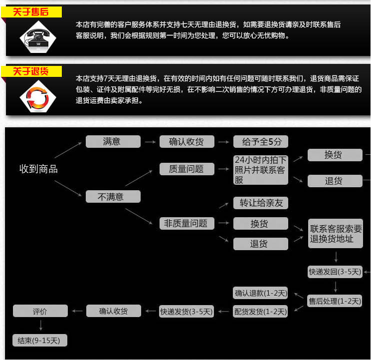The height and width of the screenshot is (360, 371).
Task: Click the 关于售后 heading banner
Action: point(31,11)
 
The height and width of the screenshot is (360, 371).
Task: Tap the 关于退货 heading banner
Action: point(31,71)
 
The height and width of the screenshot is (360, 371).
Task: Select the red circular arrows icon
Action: point(37,96)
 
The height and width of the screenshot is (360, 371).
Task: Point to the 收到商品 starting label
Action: point(38,169)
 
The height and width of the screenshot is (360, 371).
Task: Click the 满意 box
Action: point(113,141)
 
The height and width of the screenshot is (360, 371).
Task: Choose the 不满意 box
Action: point(113,197)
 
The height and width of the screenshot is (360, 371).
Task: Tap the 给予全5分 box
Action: point(261,141)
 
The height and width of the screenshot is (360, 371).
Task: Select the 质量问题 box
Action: point(186,169)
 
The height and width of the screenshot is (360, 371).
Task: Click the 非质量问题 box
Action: point(186,223)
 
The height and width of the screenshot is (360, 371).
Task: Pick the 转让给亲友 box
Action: point(261,203)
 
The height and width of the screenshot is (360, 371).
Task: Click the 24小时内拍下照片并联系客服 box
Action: point(261,170)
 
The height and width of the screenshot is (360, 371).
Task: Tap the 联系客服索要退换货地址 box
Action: point(335,234)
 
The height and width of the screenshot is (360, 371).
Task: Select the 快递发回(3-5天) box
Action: point(335,272)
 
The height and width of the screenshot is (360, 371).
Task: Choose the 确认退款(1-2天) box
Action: point(261,293)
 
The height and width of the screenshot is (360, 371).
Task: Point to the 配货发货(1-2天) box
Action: point(261,312)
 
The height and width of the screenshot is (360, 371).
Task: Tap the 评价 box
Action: point(40,311)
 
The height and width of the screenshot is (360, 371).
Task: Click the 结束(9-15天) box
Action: point(40,341)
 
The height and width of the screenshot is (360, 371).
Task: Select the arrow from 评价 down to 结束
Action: point(40,326)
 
